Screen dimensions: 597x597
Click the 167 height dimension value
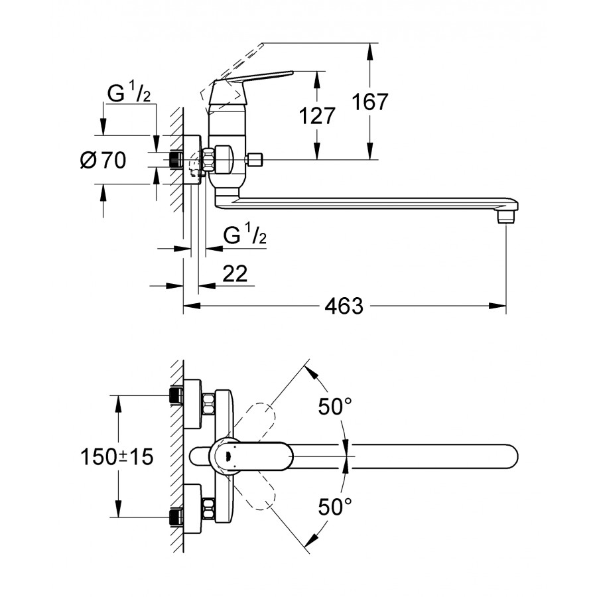click(370, 101)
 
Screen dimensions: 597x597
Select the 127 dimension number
click(316, 115)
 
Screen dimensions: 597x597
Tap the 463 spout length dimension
click(344, 306)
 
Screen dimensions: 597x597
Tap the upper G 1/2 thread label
click(130, 94)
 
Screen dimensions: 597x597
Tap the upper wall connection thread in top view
click(176, 396)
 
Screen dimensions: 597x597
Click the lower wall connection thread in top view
click(176, 517)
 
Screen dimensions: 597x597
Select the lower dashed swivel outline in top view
click(263, 494)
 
